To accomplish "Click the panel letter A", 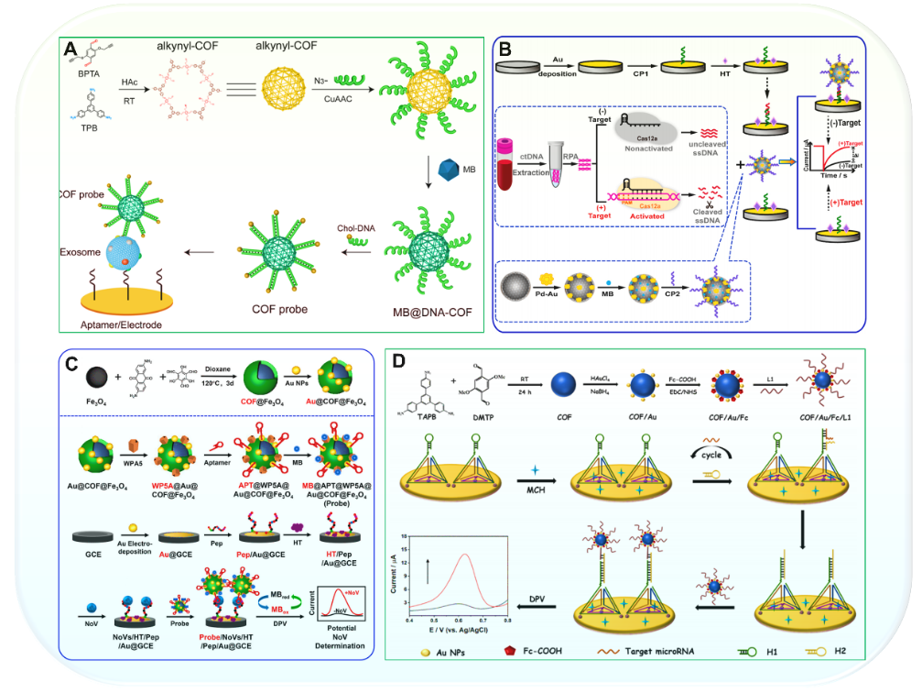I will [71, 49].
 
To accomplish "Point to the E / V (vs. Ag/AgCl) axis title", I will [457, 629].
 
